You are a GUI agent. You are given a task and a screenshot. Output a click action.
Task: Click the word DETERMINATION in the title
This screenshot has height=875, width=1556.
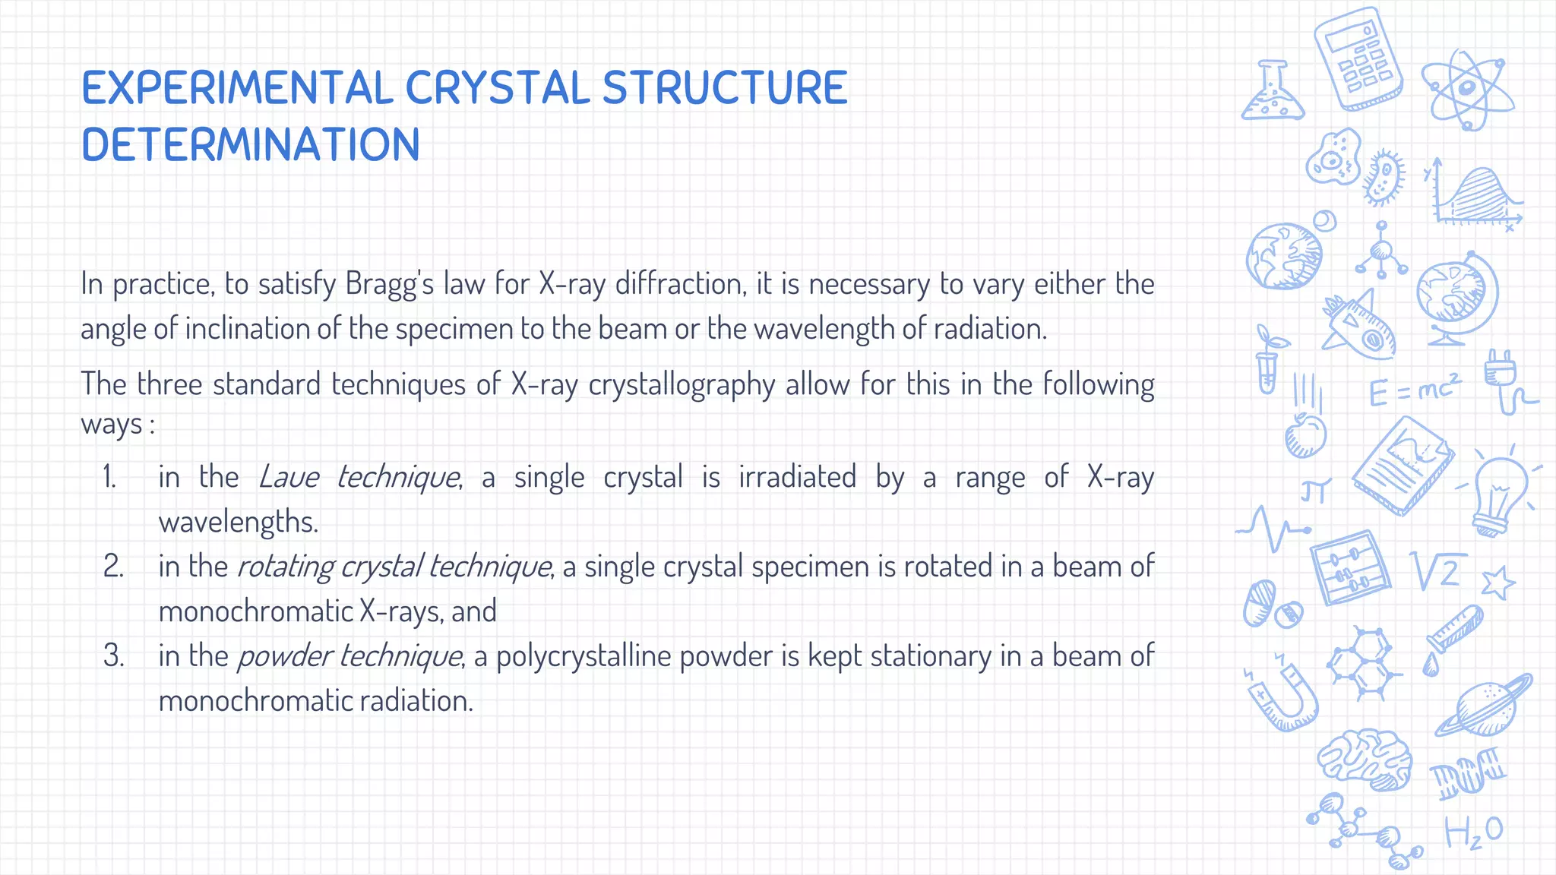(x=251, y=145)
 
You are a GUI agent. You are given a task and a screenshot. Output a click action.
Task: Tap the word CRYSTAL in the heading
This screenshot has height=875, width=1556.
(x=497, y=88)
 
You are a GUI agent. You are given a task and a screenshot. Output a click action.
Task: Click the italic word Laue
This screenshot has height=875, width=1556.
(x=288, y=478)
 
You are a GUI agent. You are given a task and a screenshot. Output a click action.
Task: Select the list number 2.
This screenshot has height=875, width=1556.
(x=113, y=567)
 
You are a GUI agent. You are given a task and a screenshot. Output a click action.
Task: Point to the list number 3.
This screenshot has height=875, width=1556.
(x=113, y=656)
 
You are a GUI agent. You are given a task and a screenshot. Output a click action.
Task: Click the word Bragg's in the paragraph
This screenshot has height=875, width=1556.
(x=389, y=284)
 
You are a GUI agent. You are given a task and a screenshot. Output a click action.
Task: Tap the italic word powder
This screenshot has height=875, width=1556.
(x=284, y=656)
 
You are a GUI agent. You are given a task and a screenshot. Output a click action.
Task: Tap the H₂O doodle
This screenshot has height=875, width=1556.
(x=1472, y=832)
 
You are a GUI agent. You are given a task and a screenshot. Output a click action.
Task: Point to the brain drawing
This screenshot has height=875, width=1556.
(x=1364, y=760)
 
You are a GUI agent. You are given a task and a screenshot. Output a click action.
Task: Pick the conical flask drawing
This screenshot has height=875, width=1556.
(x=1273, y=93)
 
